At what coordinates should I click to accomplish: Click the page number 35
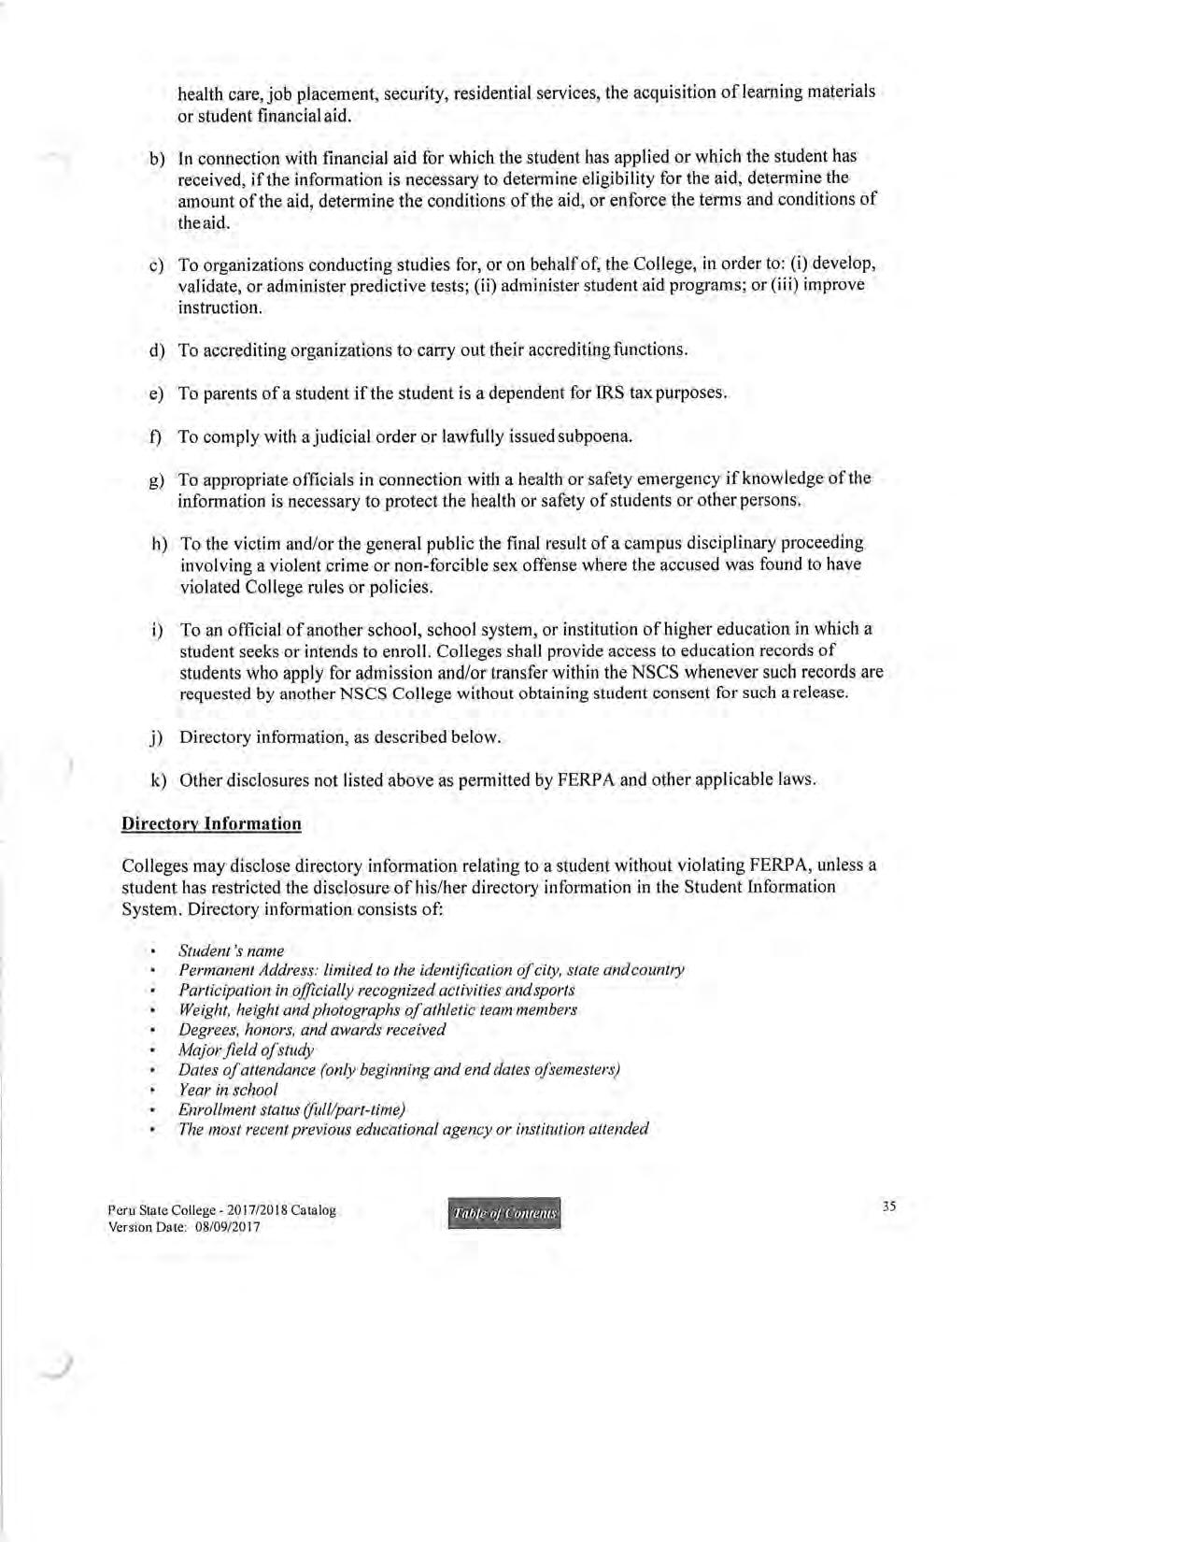tap(888, 1206)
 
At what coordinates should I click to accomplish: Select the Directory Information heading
tap(211, 823)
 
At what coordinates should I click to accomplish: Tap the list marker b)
tap(157, 158)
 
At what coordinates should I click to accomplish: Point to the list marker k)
tap(158, 780)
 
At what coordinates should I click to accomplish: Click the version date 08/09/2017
tap(227, 1227)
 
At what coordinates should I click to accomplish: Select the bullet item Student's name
tap(231, 950)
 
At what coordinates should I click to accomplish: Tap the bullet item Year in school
tap(228, 1090)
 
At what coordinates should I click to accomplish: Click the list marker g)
tap(157, 480)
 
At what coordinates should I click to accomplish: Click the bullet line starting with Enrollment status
tap(291, 1109)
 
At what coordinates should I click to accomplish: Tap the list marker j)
tap(157, 737)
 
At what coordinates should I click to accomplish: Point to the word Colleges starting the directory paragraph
tap(154, 865)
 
